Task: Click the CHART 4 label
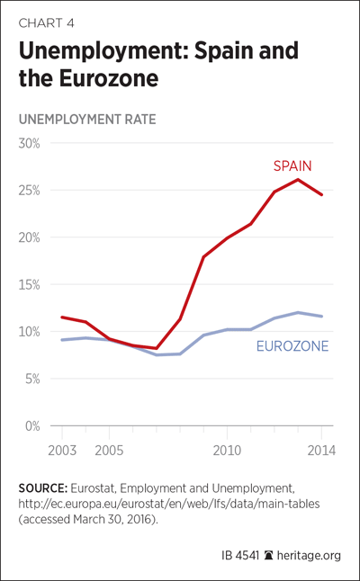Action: click(x=46, y=23)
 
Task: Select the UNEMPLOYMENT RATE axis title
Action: click(x=87, y=120)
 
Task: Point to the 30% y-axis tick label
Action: click(x=29, y=143)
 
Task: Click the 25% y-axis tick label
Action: click(x=29, y=191)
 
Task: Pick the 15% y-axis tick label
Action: click(x=30, y=285)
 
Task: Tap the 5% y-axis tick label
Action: click(x=31, y=379)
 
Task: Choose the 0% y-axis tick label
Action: click(x=31, y=426)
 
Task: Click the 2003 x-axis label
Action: click(x=62, y=451)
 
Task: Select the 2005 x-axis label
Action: click(x=110, y=451)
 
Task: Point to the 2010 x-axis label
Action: click(x=227, y=451)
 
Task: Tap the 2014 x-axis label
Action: click(x=321, y=451)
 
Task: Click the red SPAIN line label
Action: click(x=292, y=166)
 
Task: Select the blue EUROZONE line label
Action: click(x=292, y=346)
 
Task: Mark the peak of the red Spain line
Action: click(x=298, y=179)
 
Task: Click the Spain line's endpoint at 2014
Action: click(x=321, y=194)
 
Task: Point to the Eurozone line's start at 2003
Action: click(x=62, y=340)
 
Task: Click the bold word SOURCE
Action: click(x=43, y=488)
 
